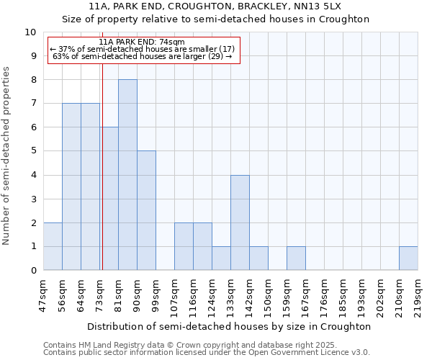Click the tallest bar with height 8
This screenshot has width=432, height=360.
[x=127, y=175]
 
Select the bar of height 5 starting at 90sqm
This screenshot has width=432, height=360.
[x=146, y=210]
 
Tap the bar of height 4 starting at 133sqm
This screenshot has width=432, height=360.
[x=240, y=222]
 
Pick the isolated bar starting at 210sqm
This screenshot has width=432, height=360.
[x=408, y=258]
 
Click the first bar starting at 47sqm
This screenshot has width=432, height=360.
[x=53, y=246]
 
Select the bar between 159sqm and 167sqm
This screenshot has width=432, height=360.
[x=296, y=258]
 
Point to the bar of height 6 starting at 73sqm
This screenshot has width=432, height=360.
[x=109, y=199]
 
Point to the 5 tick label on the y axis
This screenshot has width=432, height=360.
[x=32, y=151]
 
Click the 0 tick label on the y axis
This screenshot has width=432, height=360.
[x=32, y=271]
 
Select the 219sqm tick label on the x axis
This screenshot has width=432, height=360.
[x=418, y=295]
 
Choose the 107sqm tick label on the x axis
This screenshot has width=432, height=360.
[x=174, y=295]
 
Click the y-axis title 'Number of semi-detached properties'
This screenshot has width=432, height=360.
[x=7, y=155]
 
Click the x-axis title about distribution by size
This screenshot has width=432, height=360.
[x=230, y=326]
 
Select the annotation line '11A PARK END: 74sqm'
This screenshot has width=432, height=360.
[x=142, y=42]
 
